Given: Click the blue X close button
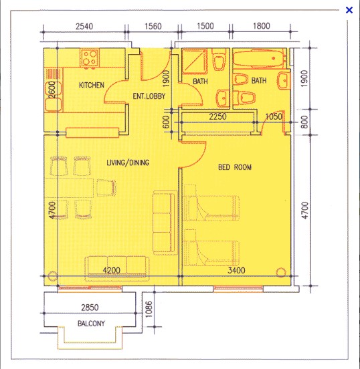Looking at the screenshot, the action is pyautogui.click(x=349, y=10).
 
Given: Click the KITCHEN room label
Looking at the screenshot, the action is pyautogui.click(x=92, y=85).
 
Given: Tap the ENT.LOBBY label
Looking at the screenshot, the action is pyautogui.click(x=149, y=96).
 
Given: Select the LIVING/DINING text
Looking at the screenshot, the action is pyautogui.click(x=128, y=162).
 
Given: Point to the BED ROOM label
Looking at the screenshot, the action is pyautogui.click(x=235, y=167).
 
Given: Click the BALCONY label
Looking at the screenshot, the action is pyautogui.click(x=91, y=324).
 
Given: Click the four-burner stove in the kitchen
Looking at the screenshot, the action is pyautogui.click(x=90, y=58).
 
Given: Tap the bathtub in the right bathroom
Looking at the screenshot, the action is pyautogui.click(x=258, y=58).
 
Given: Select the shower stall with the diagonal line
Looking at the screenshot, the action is pyautogui.click(x=195, y=61).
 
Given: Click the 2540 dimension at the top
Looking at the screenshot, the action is pyautogui.click(x=84, y=26).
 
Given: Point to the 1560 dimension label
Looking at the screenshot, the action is pyautogui.click(x=153, y=26).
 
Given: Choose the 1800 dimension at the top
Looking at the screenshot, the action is pyautogui.click(x=261, y=25).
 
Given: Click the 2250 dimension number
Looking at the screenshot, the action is pyautogui.click(x=217, y=116).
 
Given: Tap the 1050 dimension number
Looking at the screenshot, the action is pyautogui.click(x=274, y=116).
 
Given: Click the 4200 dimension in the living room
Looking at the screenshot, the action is pyautogui.click(x=112, y=270).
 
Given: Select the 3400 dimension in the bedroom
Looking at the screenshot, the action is pyautogui.click(x=236, y=270).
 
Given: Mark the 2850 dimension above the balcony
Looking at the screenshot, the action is pyautogui.click(x=90, y=307).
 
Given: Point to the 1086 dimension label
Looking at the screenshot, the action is pyautogui.click(x=149, y=310).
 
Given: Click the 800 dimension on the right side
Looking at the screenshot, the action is pyautogui.click(x=304, y=122).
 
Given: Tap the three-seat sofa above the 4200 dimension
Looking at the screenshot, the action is pyautogui.click(x=117, y=268).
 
